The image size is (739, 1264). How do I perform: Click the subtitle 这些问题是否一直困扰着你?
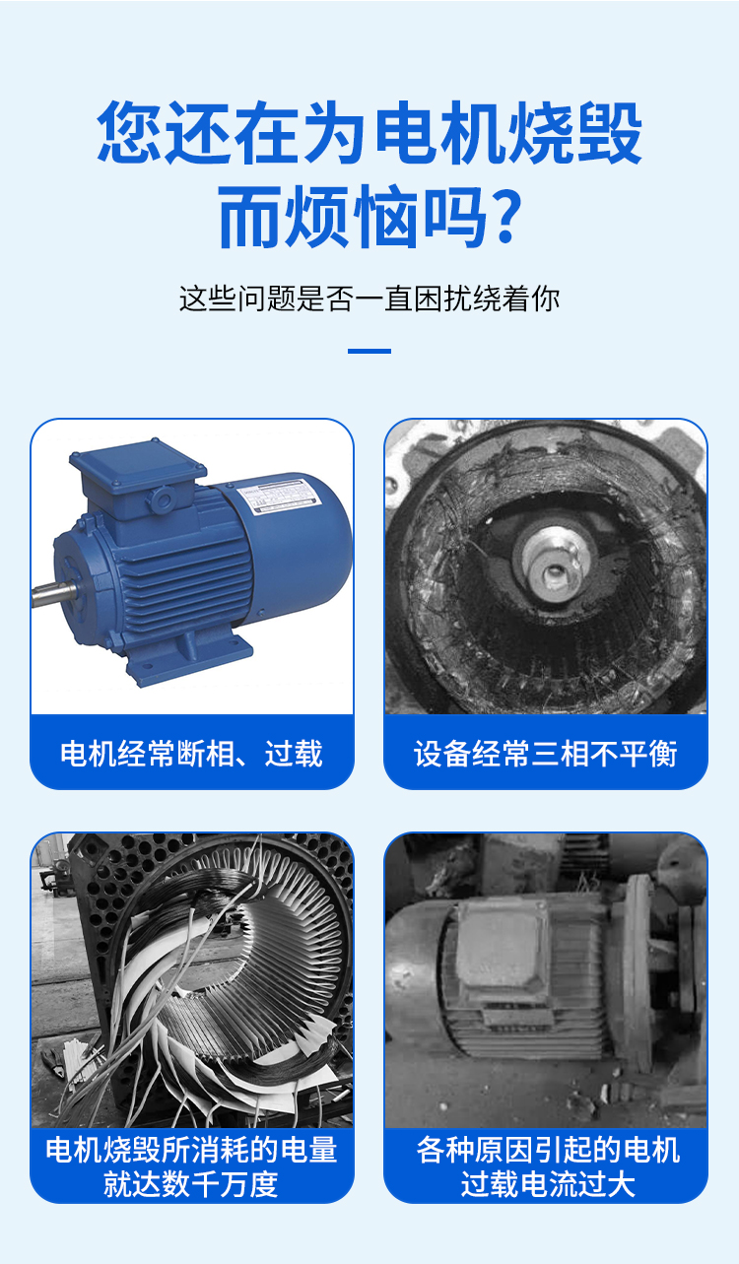pos(369,298)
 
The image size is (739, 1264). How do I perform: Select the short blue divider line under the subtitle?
pos(369,351)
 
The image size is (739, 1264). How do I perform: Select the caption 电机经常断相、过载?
pos(191,754)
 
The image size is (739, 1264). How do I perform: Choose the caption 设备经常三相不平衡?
pos(545,754)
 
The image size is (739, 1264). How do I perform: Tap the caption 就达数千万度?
pos(191,1183)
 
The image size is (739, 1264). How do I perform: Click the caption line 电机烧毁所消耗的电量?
pos(191,1150)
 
